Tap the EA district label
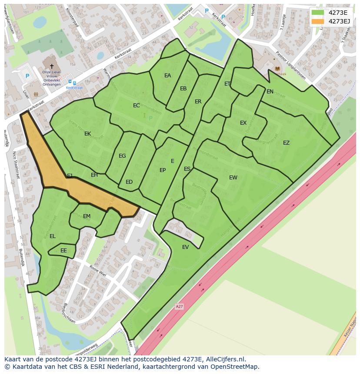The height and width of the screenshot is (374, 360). coord(167,76)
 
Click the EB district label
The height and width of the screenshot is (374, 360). coord(183,89)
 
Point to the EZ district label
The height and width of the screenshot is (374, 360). coord(286,143)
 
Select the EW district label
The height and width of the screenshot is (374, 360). coord(233,177)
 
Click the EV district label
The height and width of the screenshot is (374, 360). coord(186,247)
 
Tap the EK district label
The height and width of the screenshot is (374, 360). coord(88,134)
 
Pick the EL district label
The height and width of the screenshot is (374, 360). coord(53,236)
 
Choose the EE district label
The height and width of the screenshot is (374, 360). coord(64,251)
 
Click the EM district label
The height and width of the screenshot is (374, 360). coord(87,216)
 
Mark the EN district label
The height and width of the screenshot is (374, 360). coord(270,92)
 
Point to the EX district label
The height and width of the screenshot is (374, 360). coord(243,123)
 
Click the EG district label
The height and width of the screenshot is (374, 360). coord(122,156)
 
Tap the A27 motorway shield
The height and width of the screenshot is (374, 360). coord(179,307)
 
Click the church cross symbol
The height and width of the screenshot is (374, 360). coord(52,66)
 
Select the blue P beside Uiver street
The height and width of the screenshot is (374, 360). coord(27,76)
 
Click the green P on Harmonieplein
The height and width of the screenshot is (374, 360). coord(151,118)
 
